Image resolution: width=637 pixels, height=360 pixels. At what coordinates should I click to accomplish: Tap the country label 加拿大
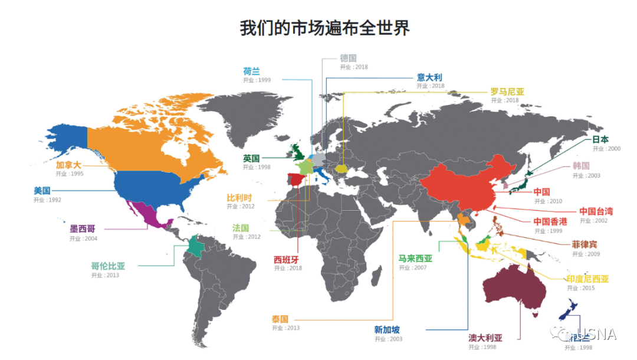coord(68,165)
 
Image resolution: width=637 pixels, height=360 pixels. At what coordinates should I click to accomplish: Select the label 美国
coord(42,191)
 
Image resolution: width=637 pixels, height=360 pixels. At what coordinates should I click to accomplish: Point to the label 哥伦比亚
coord(108,266)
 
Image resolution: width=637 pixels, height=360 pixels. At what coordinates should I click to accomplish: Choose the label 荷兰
coord(251,71)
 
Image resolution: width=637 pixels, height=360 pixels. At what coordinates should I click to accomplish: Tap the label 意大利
coord(429,77)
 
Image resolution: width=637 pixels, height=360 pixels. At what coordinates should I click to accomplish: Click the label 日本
coord(600,140)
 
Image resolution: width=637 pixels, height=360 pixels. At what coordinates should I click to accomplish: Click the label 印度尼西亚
coord(587,279)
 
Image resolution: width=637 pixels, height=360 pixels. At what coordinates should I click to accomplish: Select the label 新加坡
coord(386,330)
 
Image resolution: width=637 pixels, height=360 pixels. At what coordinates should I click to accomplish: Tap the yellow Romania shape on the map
coord(342,168)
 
